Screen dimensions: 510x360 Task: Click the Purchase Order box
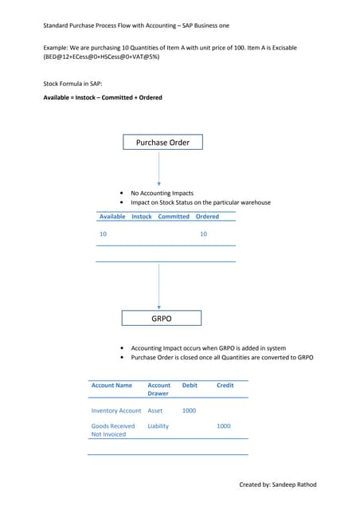click(x=162, y=143)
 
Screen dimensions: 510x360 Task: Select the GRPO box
click(x=162, y=319)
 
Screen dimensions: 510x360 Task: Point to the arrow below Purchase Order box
click(x=159, y=169)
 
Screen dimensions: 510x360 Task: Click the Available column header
click(x=112, y=216)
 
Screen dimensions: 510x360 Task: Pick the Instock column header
click(x=142, y=216)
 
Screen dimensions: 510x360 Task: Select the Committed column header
click(x=174, y=216)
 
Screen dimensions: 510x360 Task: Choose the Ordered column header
click(x=207, y=216)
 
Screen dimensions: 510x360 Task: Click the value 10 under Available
click(x=103, y=234)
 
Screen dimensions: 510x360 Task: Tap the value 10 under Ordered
click(x=203, y=234)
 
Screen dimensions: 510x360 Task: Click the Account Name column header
click(x=112, y=385)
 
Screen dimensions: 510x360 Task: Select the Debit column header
click(x=190, y=385)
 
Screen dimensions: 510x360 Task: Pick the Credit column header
click(x=225, y=385)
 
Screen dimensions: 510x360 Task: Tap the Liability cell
click(x=158, y=426)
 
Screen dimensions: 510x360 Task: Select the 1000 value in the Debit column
click(x=189, y=410)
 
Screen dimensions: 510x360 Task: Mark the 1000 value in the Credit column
click(x=224, y=426)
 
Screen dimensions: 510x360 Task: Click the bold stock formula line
click(x=103, y=98)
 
